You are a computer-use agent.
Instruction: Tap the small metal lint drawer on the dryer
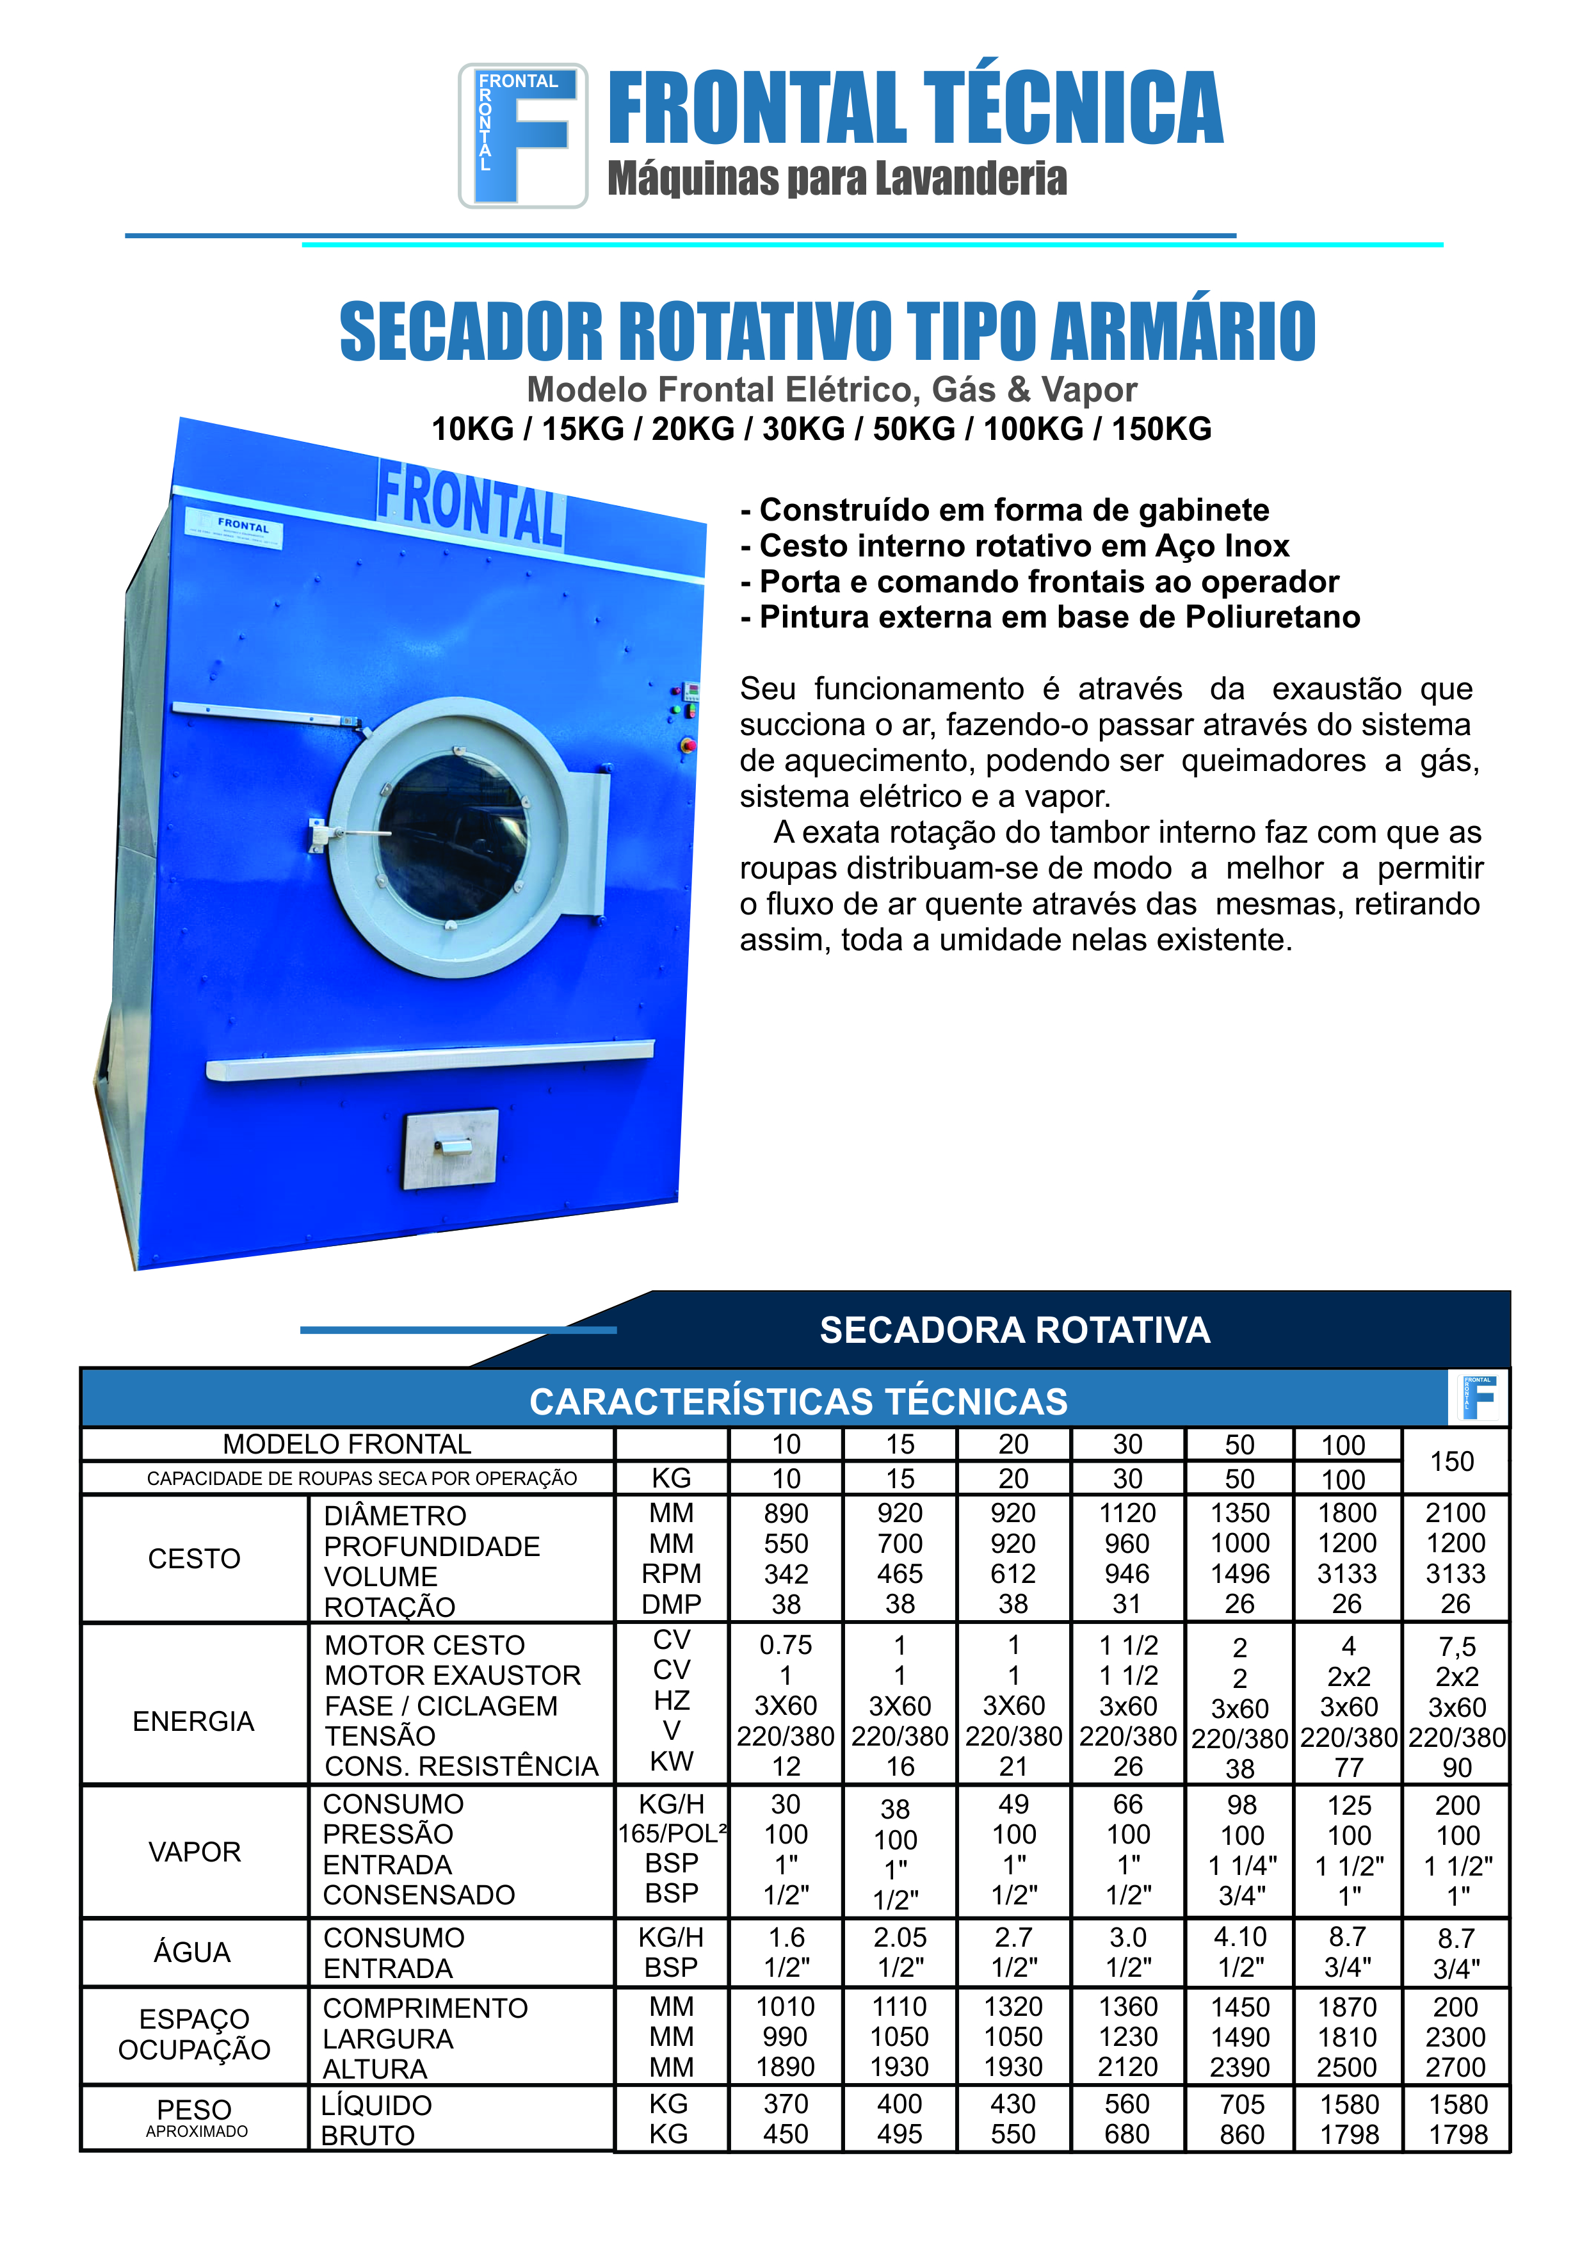[451, 1148]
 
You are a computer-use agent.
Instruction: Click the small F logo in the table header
[1478, 1397]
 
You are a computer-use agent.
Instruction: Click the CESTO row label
[194, 1559]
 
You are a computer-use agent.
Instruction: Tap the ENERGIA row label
[194, 1721]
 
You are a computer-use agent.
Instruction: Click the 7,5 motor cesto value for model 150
[1457, 1647]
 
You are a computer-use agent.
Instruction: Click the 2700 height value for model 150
[1456, 2068]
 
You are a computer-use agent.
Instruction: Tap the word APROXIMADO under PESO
[197, 2132]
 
